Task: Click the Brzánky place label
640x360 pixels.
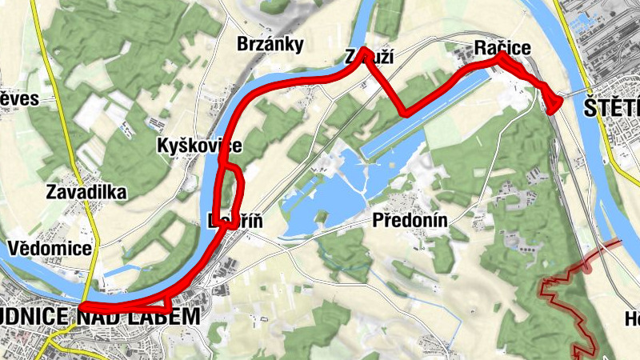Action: (x=270, y=45)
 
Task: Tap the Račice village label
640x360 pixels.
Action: (x=502, y=49)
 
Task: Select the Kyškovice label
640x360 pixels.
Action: (x=199, y=147)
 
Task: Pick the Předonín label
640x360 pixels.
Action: (x=408, y=221)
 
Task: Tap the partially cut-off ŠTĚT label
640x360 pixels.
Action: (x=611, y=106)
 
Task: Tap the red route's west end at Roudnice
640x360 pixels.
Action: (x=82, y=307)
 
